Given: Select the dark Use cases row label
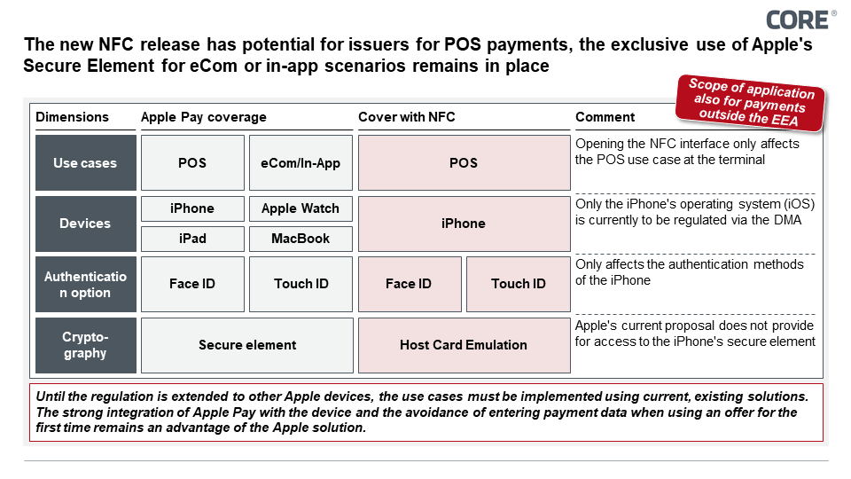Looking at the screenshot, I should (x=85, y=163).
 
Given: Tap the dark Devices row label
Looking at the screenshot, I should (x=85, y=224).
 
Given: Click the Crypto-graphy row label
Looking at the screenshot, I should (x=85, y=345).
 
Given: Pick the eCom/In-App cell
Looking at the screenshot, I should (x=301, y=163).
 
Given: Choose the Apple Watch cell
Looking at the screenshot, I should (x=301, y=208).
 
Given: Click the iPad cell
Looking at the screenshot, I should (x=192, y=239).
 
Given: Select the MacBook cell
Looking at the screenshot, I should (x=301, y=239).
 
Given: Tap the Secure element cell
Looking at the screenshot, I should (x=246, y=345).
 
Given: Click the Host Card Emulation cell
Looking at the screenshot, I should (x=463, y=345).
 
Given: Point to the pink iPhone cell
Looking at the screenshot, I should (x=463, y=224).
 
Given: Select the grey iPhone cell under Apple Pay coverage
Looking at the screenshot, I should (x=192, y=208).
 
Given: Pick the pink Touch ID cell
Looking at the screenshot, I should (x=518, y=284).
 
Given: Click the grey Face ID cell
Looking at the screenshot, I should (x=192, y=284).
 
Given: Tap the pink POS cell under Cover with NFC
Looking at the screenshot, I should (x=463, y=163).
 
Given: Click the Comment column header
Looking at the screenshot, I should (x=605, y=117).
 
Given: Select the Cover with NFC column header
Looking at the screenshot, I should (x=406, y=117).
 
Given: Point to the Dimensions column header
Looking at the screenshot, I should (x=73, y=117).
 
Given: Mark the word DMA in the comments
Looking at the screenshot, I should (x=787, y=221).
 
